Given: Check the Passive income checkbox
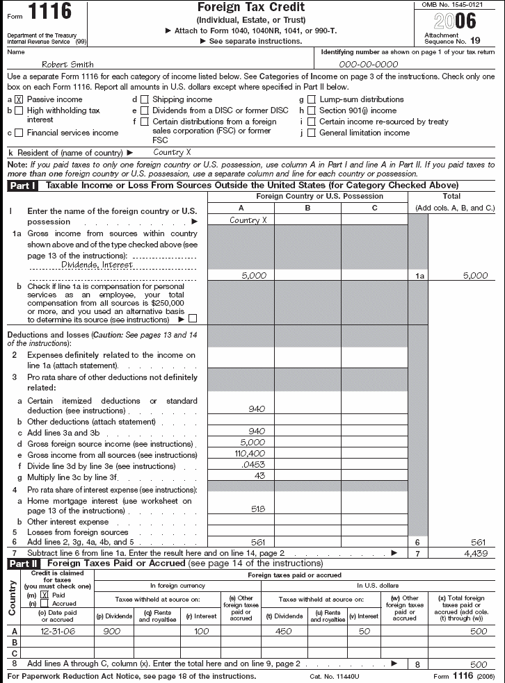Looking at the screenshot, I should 19,100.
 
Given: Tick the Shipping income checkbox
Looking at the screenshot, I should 144,100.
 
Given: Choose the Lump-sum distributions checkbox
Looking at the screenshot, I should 311,100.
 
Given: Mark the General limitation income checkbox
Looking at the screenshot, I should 311,133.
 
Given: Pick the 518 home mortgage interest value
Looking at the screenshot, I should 257,509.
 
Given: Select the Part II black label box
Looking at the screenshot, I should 23,563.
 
